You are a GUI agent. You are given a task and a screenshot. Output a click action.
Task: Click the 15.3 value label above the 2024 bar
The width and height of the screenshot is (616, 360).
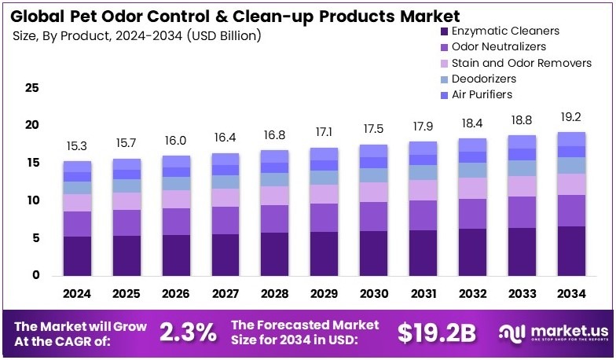point(77,146)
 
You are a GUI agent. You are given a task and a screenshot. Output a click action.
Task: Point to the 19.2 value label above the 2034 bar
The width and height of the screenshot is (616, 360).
point(571,116)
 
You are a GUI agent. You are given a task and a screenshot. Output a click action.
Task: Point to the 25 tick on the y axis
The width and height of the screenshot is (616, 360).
point(31,88)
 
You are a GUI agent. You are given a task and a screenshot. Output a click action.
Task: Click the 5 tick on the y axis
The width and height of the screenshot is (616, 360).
point(35,238)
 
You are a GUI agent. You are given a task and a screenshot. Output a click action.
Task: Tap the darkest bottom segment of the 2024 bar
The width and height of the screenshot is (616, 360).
point(77,255)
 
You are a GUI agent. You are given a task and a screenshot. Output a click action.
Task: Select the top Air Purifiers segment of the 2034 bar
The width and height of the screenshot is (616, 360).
point(571,139)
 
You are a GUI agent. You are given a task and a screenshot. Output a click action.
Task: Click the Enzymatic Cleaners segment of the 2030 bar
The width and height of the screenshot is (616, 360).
point(374,252)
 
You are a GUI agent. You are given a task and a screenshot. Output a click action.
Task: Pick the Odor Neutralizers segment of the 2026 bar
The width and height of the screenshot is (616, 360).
point(176,221)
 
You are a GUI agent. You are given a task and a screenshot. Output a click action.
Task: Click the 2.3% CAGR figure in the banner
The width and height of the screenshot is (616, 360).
point(188,332)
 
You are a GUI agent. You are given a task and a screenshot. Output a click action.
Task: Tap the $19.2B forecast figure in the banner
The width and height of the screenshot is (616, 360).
point(436,332)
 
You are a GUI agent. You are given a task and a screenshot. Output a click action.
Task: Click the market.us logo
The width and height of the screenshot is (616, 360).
point(550,332)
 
